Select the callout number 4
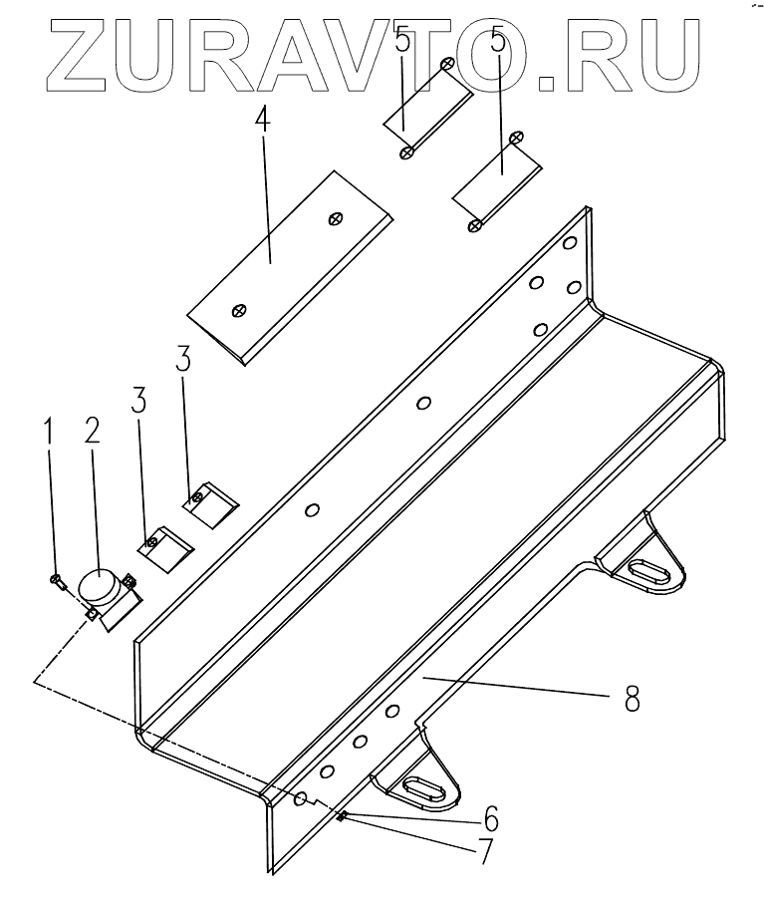pos(261,121)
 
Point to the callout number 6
pos(491,819)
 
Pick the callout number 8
pos(632,698)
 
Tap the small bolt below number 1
pos(58,580)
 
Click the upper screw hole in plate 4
pos(337,218)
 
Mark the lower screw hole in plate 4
pos(239,310)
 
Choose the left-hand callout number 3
pos(138,401)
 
